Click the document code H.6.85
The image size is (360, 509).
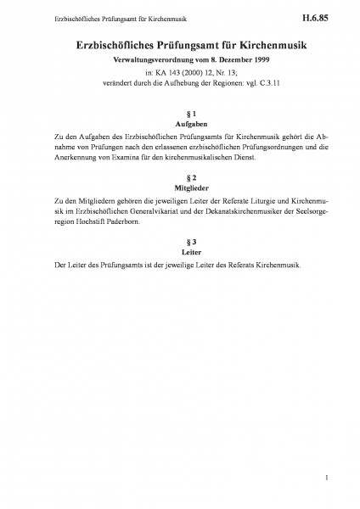[x=327, y=16]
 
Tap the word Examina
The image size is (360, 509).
[x=114, y=159]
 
